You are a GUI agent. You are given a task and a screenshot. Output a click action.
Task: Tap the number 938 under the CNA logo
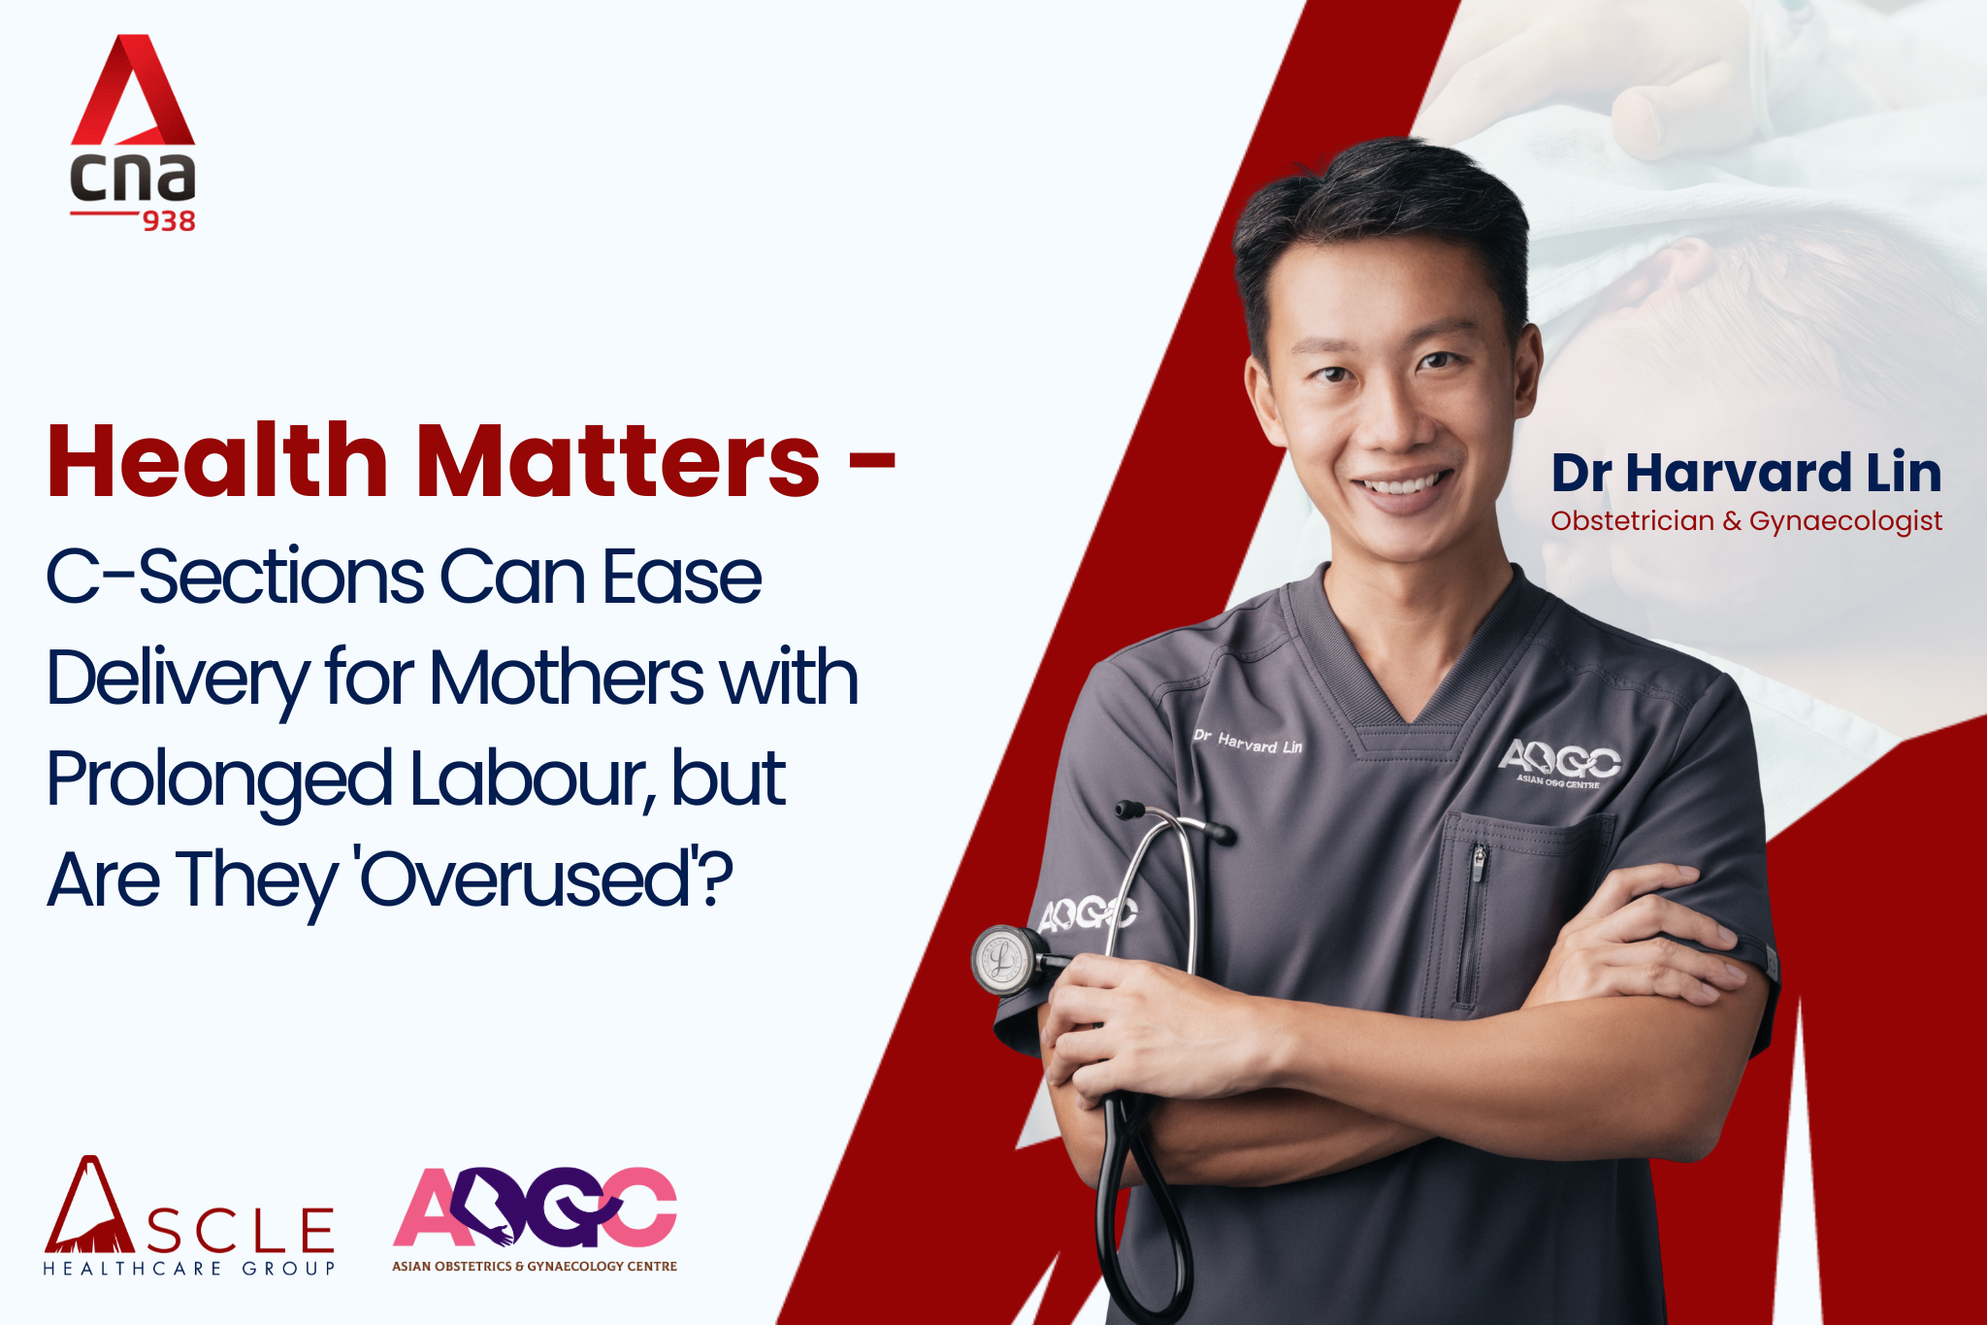(169, 222)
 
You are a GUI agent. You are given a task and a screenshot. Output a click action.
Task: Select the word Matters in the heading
(619, 461)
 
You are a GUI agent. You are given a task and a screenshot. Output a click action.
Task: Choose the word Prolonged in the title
(219, 782)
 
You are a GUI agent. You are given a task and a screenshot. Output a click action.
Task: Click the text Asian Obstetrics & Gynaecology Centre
(535, 1266)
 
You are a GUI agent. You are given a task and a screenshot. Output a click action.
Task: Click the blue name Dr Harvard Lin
(1746, 473)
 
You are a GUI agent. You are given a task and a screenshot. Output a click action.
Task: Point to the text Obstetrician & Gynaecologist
(1746, 521)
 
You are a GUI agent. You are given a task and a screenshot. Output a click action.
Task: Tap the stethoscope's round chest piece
(1003, 960)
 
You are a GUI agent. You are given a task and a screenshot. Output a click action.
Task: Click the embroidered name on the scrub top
(1248, 742)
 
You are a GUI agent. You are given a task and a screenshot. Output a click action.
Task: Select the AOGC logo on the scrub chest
(1558, 764)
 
